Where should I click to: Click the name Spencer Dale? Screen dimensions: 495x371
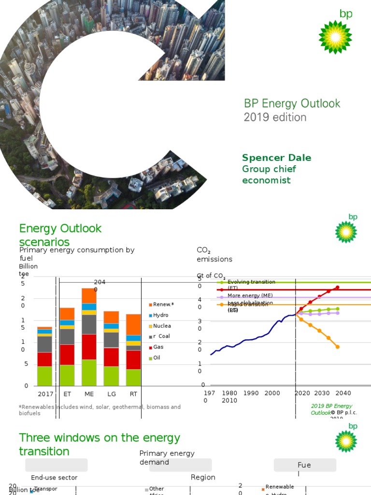click(276, 158)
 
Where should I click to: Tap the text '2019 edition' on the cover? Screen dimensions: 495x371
click(275, 117)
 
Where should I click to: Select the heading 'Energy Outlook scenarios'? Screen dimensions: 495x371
click(60, 235)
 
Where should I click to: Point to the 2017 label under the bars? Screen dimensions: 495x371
click(45, 394)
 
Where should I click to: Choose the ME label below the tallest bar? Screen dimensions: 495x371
click(89, 394)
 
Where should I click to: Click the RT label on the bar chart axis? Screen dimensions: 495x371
click(133, 394)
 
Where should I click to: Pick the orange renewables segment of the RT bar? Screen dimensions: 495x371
click(133, 324)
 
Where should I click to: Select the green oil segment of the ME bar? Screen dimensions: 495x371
click(89, 372)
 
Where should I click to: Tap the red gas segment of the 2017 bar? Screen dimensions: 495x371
click(45, 359)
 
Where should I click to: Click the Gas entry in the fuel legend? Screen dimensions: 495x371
click(157, 347)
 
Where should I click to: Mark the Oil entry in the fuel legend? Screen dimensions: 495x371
click(157, 358)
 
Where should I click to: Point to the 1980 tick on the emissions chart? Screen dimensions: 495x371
click(229, 393)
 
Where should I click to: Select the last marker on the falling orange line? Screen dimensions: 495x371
click(338, 347)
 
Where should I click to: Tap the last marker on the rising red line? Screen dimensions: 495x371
click(338, 287)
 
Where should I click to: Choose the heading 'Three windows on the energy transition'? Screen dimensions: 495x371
click(100, 445)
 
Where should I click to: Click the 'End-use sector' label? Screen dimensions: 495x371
click(54, 478)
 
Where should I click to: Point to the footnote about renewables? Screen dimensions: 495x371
click(100, 410)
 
